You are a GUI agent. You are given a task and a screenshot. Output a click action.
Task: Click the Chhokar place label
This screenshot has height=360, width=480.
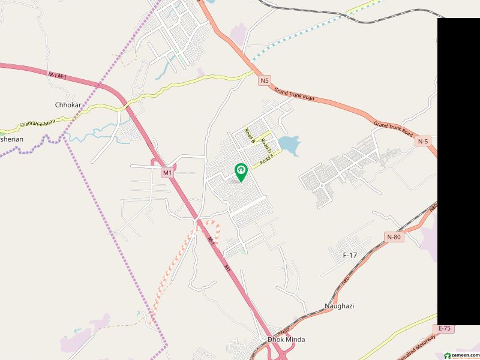[x=68, y=105]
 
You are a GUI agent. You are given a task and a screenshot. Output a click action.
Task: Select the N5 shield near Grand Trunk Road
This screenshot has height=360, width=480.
[x=265, y=80]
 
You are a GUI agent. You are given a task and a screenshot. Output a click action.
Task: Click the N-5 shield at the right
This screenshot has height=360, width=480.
[x=423, y=141]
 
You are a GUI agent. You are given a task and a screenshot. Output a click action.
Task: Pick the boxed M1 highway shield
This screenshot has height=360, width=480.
[x=167, y=173]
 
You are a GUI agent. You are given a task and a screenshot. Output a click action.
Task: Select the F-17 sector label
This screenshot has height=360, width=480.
[x=350, y=255]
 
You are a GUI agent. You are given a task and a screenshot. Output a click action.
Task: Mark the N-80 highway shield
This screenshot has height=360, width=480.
[x=394, y=237]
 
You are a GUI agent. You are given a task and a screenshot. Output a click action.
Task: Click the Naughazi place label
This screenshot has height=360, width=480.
[x=339, y=306]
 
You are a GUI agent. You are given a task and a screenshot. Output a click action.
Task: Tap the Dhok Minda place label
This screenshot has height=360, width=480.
[x=286, y=340]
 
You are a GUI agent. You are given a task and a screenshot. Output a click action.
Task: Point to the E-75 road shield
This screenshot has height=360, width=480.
[x=445, y=328]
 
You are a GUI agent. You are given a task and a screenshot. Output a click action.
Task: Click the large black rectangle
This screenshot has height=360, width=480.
[x=458, y=171]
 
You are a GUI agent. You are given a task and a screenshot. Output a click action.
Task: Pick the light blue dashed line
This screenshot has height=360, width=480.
[x=300, y=36]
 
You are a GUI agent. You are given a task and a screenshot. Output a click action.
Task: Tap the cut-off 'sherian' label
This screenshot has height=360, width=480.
[x=12, y=139]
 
